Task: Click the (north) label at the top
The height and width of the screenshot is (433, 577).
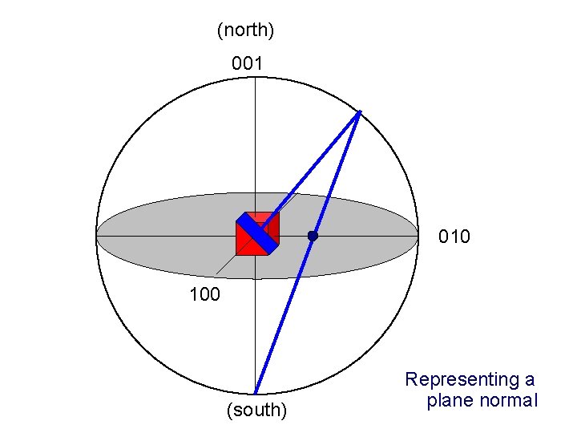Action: (x=246, y=30)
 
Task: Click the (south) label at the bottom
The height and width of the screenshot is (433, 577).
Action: (x=256, y=411)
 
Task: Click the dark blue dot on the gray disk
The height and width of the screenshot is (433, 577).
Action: (x=313, y=236)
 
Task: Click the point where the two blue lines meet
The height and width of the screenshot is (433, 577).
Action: (x=360, y=111)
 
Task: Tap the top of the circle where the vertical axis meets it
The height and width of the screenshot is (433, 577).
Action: (x=256, y=78)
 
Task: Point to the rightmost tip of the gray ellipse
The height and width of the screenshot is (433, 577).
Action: (x=418, y=236)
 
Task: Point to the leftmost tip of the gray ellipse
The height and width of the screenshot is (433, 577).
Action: (x=95, y=236)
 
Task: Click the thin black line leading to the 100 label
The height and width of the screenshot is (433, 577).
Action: (x=225, y=265)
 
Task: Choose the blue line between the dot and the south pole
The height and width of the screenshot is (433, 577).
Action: (x=284, y=313)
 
